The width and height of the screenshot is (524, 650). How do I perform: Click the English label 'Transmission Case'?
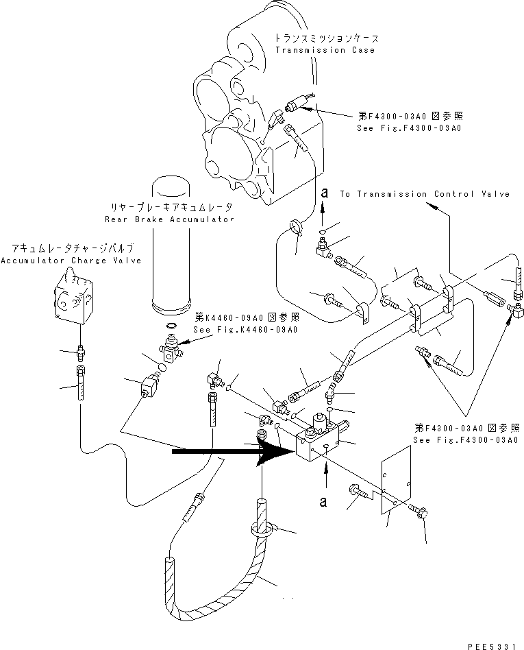point(325,50)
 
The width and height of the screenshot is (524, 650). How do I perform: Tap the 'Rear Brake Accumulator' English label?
point(169,219)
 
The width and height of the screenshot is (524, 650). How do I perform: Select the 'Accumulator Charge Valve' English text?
point(71,261)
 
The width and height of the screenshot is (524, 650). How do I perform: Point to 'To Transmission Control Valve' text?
point(425,194)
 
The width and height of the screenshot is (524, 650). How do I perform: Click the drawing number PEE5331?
point(492,646)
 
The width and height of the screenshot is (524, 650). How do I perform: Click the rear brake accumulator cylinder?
point(171,245)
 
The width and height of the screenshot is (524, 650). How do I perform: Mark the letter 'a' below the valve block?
point(323,502)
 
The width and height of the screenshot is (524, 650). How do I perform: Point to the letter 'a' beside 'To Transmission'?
point(325,193)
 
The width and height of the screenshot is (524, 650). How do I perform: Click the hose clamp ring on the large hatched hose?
point(262,530)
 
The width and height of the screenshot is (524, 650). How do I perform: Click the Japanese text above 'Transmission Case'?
point(327,38)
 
